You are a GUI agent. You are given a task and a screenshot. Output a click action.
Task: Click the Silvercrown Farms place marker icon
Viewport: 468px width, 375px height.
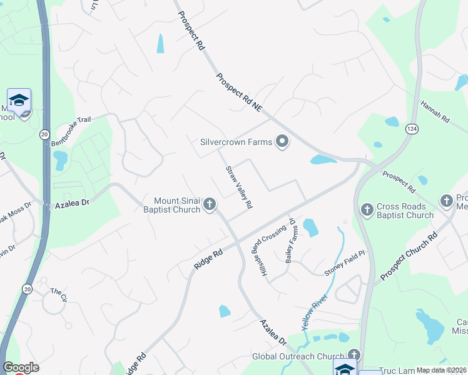(x=282, y=142)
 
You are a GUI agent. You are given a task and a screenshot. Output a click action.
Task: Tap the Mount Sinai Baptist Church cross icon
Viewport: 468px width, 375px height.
(x=210, y=205)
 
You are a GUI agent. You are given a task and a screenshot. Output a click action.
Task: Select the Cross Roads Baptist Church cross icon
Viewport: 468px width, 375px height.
(x=367, y=207)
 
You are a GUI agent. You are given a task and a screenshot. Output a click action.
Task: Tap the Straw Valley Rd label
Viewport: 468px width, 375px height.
(x=239, y=187)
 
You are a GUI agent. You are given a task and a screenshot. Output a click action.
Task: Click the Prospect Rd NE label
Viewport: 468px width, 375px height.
(x=238, y=92)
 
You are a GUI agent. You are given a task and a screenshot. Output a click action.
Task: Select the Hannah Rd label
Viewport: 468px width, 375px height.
(x=435, y=112)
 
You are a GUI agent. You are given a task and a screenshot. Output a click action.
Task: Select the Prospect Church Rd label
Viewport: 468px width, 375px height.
(x=408, y=257)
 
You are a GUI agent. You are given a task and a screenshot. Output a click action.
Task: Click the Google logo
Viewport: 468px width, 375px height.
(x=21, y=367)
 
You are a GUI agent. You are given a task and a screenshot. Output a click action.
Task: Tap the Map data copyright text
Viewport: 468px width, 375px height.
(x=442, y=370)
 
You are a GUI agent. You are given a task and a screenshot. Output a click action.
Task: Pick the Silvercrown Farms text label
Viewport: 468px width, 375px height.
(x=236, y=142)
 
